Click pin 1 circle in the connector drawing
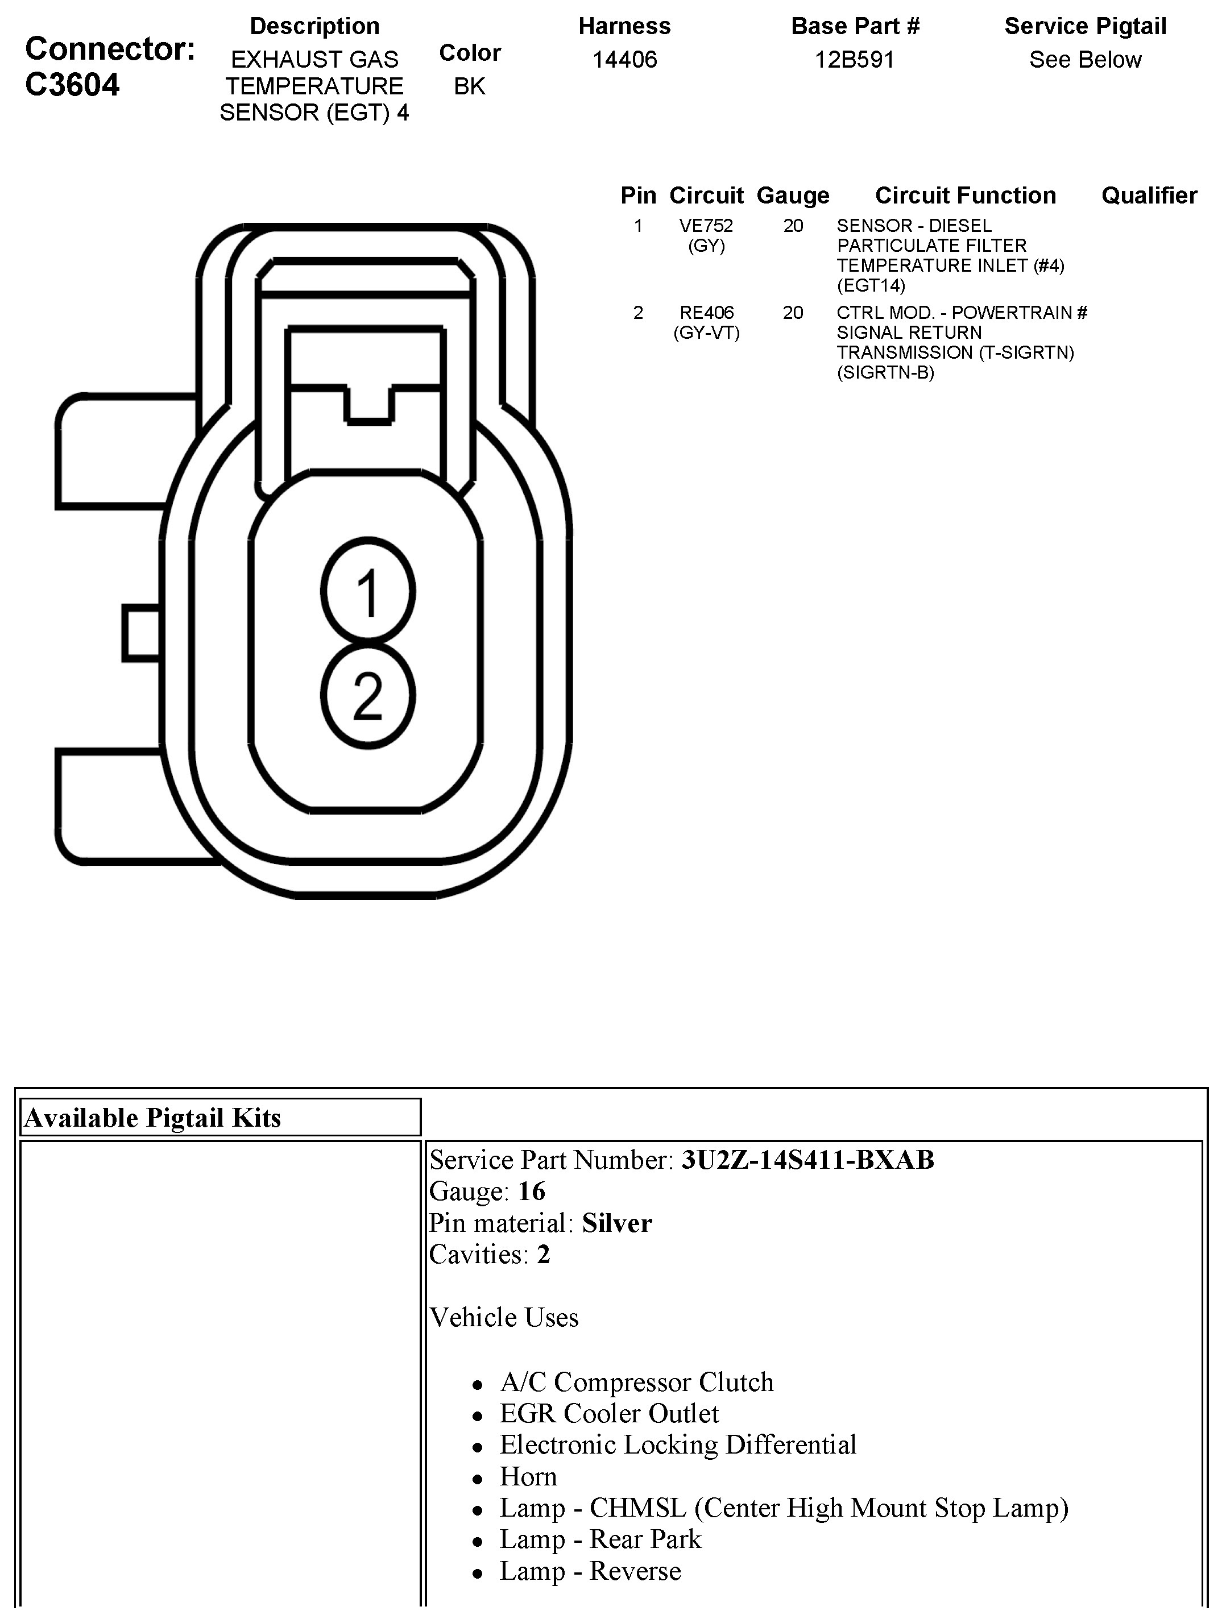tap(367, 591)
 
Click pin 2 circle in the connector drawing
tap(367, 695)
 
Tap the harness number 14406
tap(624, 59)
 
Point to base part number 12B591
tap(854, 59)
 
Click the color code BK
tap(469, 86)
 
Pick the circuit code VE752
tap(706, 226)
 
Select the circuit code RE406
tap(706, 313)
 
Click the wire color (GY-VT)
tap(706, 333)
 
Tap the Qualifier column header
tap(1149, 196)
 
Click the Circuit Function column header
tap(966, 196)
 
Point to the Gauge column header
tap(793, 196)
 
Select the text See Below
tap(1085, 59)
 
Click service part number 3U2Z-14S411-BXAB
tap(807, 1160)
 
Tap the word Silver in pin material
tap(616, 1223)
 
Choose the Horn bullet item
tap(528, 1476)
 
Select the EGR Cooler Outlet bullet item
tap(609, 1413)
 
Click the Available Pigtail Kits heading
tap(152, 1118)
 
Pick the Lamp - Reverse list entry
tap(590, 1571)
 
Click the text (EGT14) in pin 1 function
tap(871, 285)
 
